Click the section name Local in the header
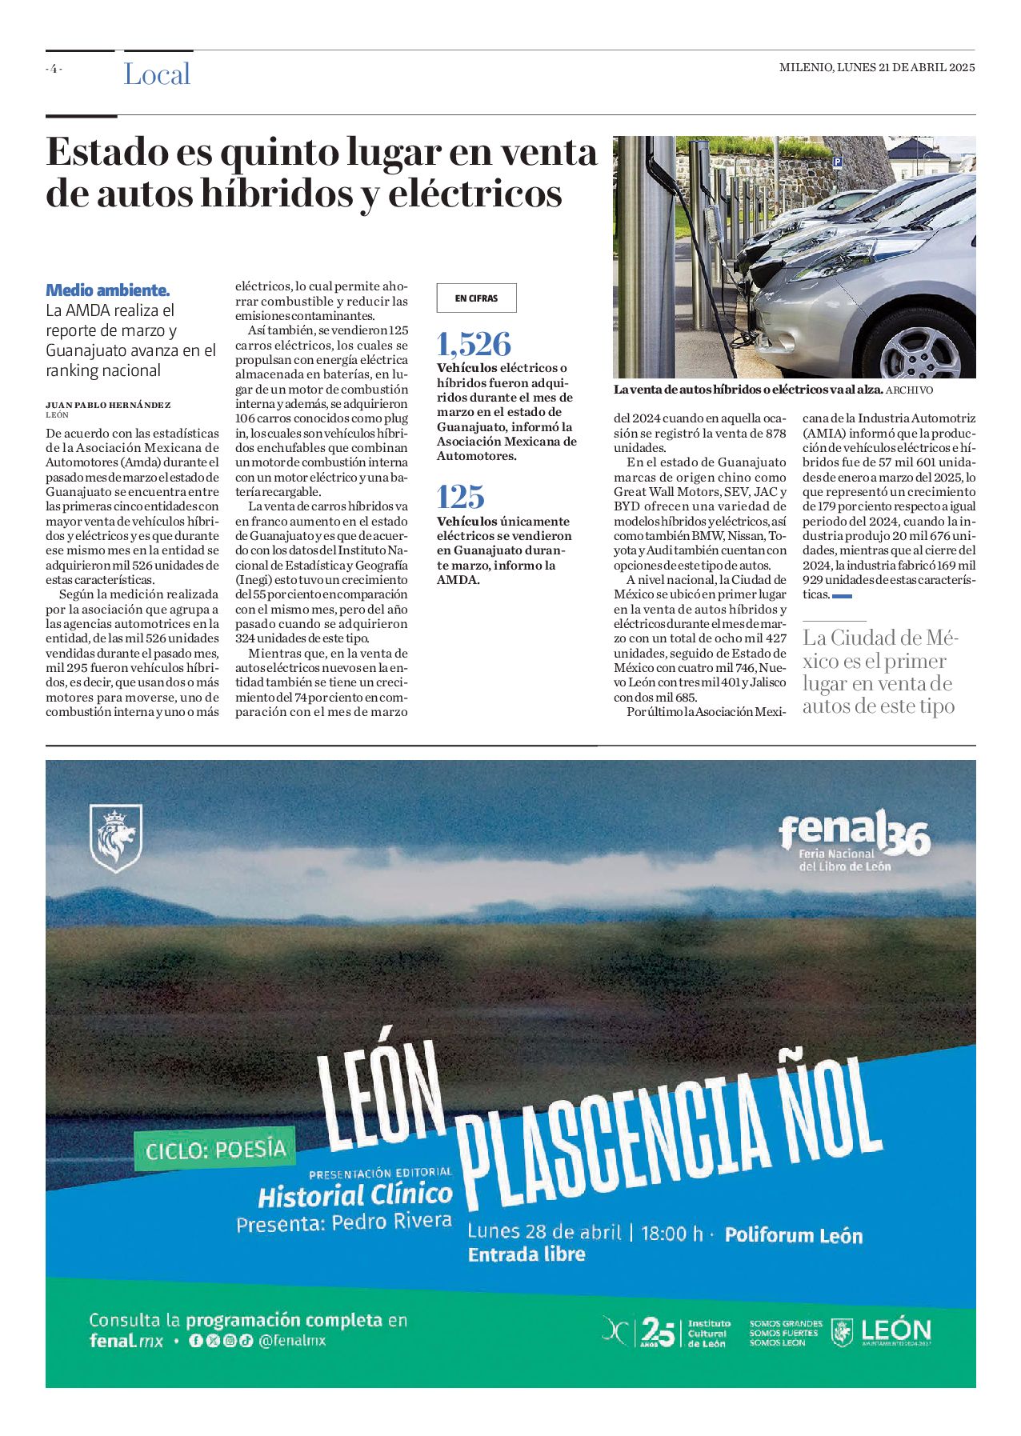point(157,74)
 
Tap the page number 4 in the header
point(54,69)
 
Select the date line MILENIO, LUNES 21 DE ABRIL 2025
point(877,68)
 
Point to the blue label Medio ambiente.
point(107,290)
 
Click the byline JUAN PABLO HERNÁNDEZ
point(108,406)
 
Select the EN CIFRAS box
point(476,298)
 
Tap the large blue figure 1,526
point(474,344)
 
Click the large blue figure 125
point(461,497)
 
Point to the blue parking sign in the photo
point(838,162)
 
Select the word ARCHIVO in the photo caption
point(910,390)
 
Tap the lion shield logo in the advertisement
point(116,838)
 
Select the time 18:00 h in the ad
point(671,1234)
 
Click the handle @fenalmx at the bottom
point(292,1341)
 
